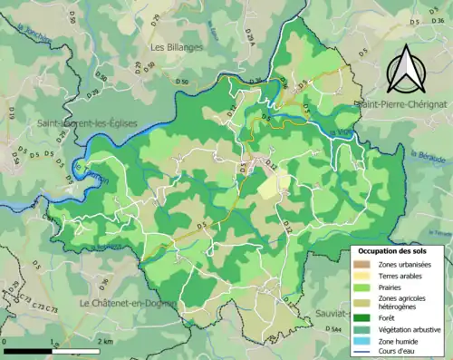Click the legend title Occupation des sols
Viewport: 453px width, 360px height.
397,251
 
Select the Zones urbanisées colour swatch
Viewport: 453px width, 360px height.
362,264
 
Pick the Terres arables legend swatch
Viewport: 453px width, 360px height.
362,277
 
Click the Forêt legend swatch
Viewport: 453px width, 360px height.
362,319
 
